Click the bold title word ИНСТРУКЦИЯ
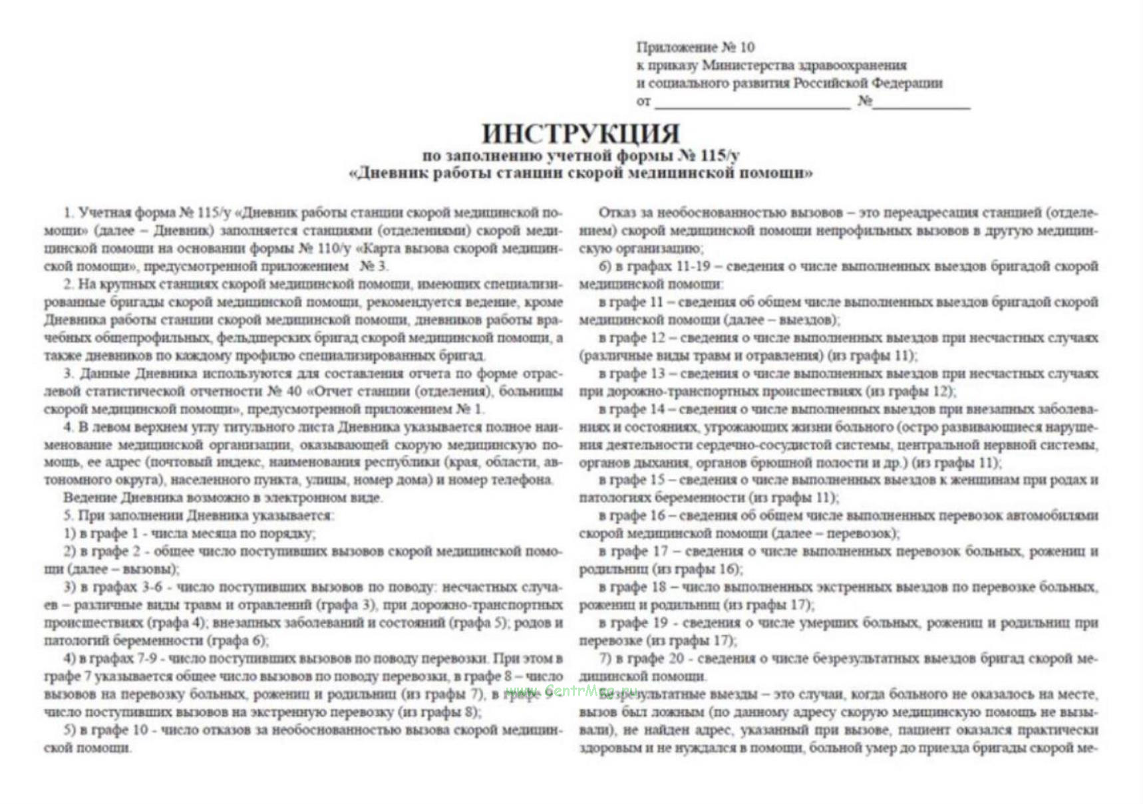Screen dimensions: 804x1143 tap(580, 133)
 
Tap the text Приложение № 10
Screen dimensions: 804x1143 tap(695, 47)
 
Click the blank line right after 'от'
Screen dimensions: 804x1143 tap(752, 102)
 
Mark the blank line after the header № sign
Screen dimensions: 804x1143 tap(921, 102)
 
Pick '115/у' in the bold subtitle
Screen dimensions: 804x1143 tap(719, 156)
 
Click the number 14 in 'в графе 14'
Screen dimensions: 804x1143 tap(657, 409)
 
